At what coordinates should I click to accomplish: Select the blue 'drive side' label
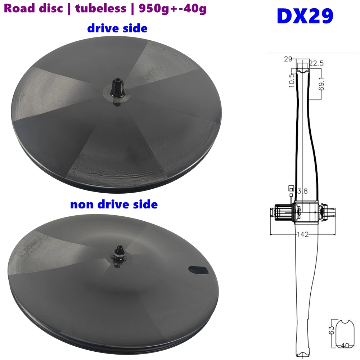pos(117,28)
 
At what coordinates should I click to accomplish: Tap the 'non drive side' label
pos(114,204)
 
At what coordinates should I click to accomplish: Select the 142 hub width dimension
pos(303,235)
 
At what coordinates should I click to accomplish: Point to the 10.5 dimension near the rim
pos(292,80)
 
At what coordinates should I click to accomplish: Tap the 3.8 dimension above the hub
pos(302,192)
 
